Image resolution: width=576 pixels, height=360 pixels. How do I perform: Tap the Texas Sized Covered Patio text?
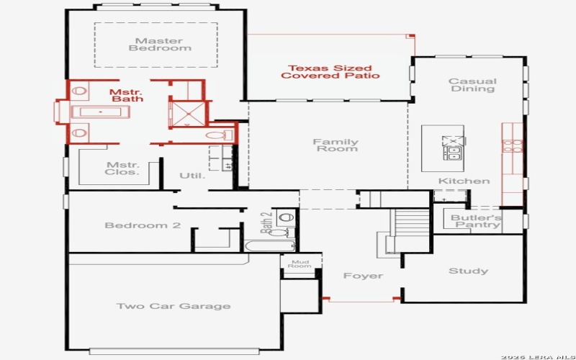pyautogui.click(x=330, y=72)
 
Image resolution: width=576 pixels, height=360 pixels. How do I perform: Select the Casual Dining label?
pyautogui.click(x=472, y=85)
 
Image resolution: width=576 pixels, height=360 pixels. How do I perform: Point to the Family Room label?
pyautogui.click(x=336, y=145)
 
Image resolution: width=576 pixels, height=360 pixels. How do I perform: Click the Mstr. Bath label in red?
pyautogui.click(x=126, y=95)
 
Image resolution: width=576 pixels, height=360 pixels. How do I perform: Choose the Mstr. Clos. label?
pyautogui.click(x=122, y=168)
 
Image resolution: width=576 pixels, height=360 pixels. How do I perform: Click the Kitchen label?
pyautogui.click(x=464, y=181)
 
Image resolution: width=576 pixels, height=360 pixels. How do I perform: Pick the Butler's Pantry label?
pyautogui.click(x=476, y=221)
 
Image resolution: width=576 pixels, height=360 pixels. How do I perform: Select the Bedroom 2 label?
pyautogui.click(x=143, y=225)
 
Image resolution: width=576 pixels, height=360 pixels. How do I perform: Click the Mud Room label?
pyautogui.click(x=300, y=264)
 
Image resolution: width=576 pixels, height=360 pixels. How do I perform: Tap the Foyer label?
pyautogui.click(x=363, y=276)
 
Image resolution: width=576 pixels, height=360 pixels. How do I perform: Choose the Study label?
pyautogui.click(x=468, y=271)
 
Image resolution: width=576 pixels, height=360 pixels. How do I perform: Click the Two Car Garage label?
pyautogui.click(x=174, y=306)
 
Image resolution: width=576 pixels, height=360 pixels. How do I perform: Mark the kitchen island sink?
pyautogui.click(x=454, y=152)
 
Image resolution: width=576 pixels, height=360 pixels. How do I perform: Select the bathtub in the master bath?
pyautogui.click(x=101, y=112)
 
